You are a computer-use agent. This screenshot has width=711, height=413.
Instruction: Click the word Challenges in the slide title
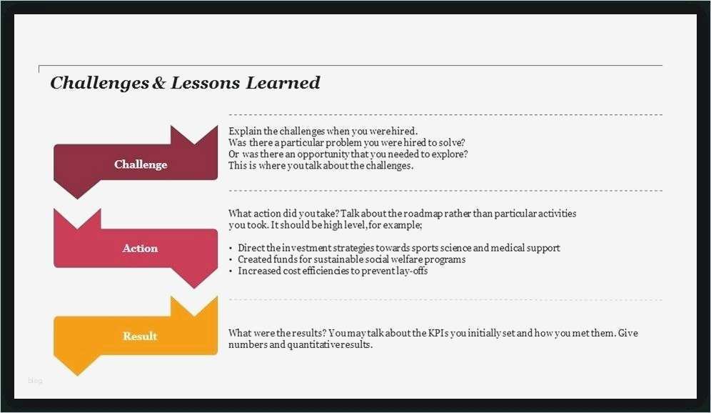click(99, 83)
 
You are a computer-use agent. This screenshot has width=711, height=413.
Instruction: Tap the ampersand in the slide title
click(158, 83)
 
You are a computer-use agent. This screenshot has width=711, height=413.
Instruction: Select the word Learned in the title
click(283, 83)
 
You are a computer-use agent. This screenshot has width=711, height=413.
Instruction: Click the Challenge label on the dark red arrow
click(141, 164)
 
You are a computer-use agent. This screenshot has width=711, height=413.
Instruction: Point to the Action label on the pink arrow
click(140, 248)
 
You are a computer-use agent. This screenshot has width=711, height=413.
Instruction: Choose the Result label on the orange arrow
click(140, 336)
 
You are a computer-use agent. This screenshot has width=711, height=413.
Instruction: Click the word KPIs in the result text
click(438, 333)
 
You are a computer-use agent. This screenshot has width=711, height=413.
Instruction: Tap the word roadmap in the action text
click(423, 214)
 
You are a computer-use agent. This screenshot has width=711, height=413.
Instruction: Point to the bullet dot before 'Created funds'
click(231, 260)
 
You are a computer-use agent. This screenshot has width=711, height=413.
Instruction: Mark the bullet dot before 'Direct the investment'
click(231, 249)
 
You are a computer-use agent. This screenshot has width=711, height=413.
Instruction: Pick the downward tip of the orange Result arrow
click(78, 375)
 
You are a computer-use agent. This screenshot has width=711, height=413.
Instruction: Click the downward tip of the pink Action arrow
click(194, 288)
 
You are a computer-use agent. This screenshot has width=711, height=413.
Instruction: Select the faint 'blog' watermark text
click(35, 380)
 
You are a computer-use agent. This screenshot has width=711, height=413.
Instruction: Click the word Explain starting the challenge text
click(246, 131)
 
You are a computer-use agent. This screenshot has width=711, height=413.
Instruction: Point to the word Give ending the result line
click(628, 333)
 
